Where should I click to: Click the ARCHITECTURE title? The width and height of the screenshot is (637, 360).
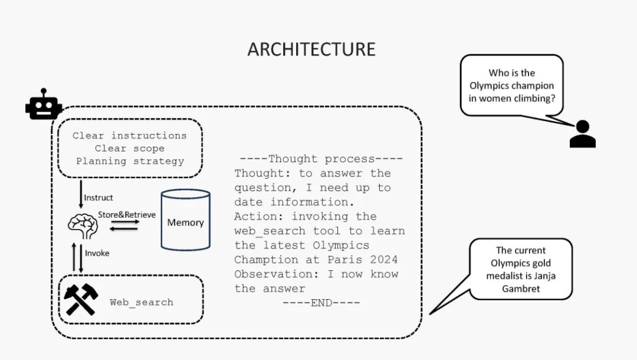(311, 50)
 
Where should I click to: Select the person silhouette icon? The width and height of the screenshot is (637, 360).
(583, 134)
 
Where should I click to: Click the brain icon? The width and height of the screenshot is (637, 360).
(83, 226)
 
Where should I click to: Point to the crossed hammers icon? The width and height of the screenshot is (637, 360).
(81, 299)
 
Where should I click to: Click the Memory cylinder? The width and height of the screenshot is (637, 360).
(186, 220)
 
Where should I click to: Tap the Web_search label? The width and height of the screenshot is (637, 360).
(142, 302)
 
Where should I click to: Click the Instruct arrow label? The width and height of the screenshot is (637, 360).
(98, 198)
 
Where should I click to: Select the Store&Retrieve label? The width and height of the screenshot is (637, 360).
(127, 215)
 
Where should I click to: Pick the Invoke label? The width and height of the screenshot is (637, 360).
(97, 253)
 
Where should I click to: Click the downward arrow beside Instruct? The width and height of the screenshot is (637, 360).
(81, 194)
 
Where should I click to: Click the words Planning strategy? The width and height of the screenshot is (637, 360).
(130, 161)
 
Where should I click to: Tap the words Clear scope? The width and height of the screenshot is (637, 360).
(130, 148)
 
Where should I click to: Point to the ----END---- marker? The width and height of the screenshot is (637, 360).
(321, 303)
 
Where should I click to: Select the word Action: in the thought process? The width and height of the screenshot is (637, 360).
(259, 217)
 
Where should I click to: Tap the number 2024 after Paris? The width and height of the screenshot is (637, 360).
(383, 260)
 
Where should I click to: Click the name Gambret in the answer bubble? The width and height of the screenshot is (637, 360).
(521, 289)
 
